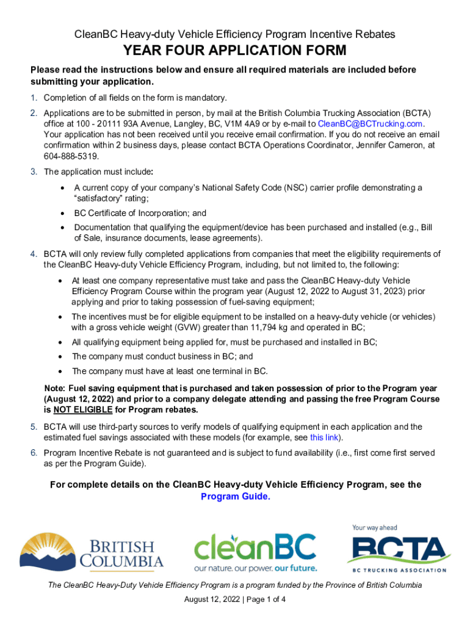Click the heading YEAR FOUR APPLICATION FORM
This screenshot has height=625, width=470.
tap(235, 50)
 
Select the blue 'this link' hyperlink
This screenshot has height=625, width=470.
tap(324, 438)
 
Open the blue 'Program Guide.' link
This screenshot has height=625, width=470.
tap(235, 496)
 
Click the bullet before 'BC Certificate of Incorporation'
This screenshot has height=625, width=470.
tap(62, 214)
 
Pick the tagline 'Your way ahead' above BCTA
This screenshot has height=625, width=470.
tap(374, 527)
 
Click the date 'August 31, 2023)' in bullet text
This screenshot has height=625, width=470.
tap(373, 291)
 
